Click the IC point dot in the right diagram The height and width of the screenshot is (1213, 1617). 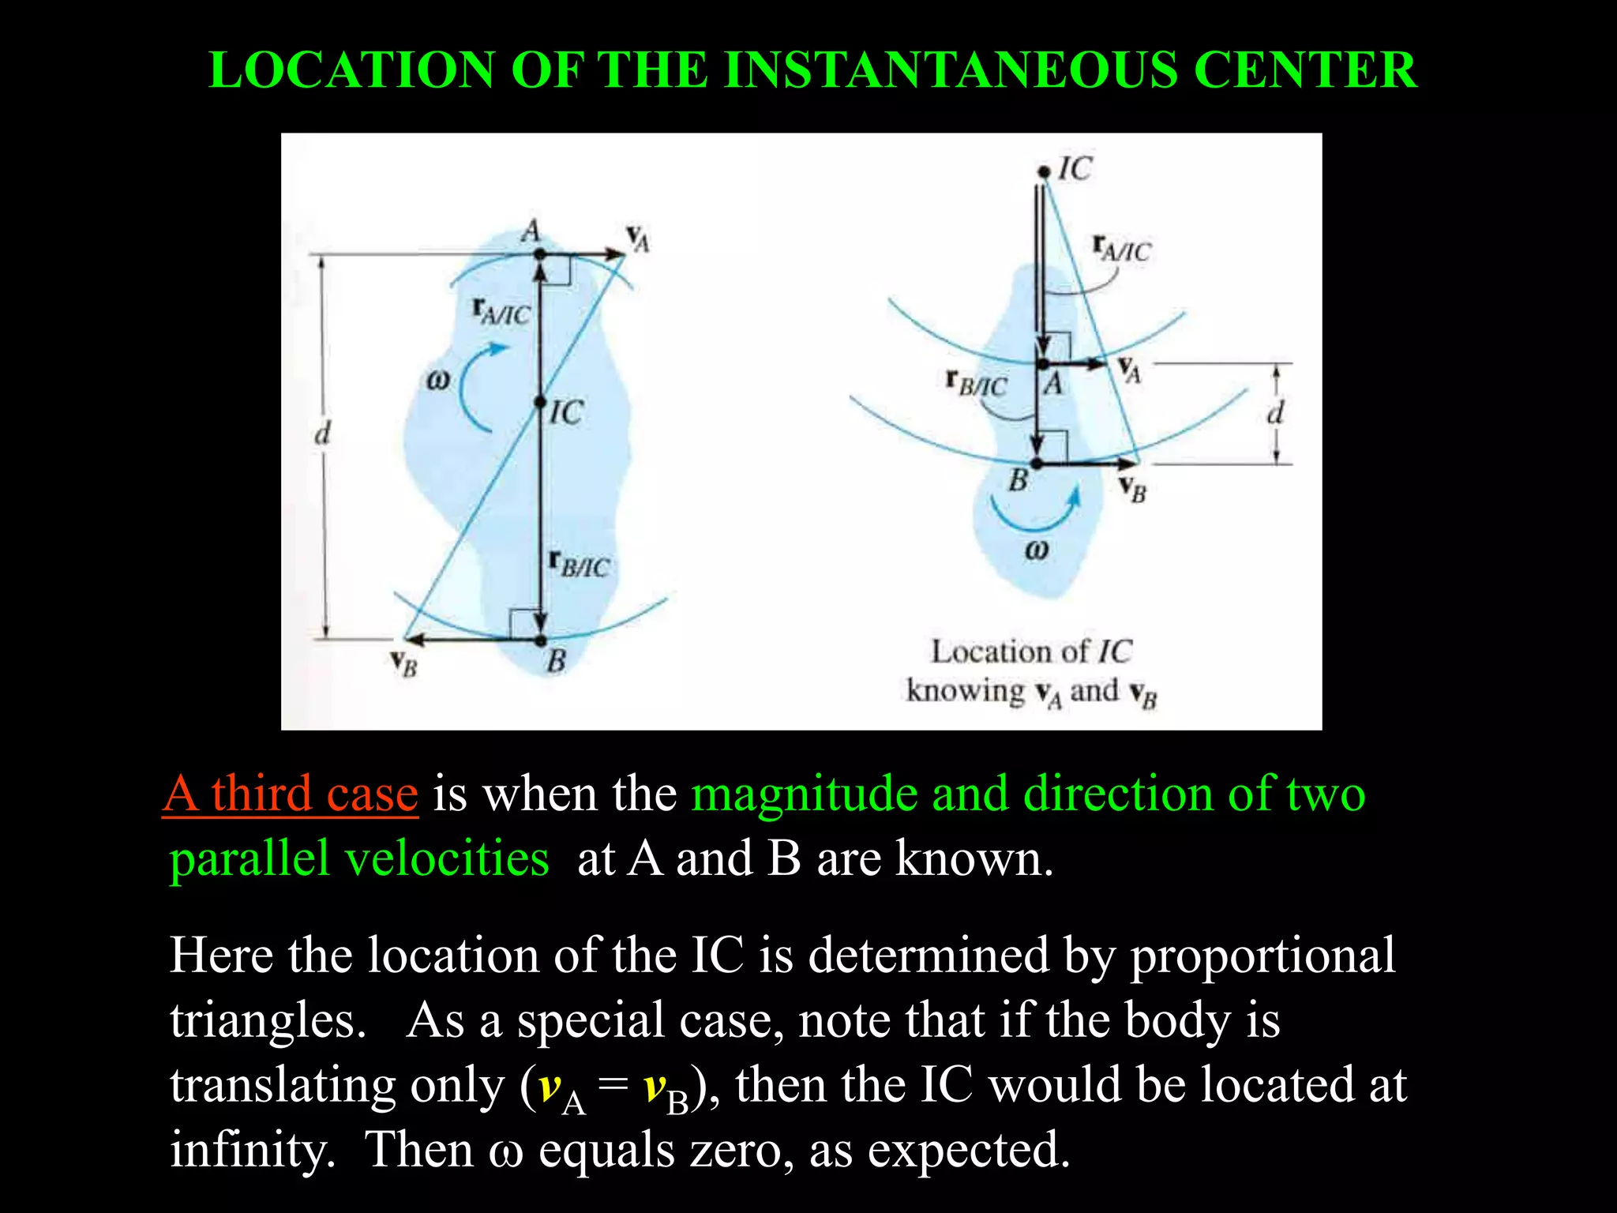[1044, 171]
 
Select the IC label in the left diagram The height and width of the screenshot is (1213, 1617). [566, 412]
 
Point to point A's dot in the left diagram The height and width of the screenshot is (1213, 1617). [540, 254]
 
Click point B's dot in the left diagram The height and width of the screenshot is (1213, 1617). [541, 640]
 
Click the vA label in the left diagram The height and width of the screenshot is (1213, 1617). [638, 238]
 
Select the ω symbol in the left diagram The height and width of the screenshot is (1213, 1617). [437, 381]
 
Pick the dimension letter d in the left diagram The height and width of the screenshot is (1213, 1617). [322, 433]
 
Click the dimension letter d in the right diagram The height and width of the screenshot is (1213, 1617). [1275, 412]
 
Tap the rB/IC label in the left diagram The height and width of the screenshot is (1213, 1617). [580, 564]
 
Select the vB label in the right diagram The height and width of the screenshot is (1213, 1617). [1132, 489]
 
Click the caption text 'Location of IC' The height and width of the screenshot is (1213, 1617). [1031, 652]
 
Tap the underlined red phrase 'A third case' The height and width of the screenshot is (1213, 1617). [291, 794]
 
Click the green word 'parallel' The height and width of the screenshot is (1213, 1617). [249, 858]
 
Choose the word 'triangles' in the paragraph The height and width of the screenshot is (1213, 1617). [268, 1020]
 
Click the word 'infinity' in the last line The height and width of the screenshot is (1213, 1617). [252, 1150]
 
